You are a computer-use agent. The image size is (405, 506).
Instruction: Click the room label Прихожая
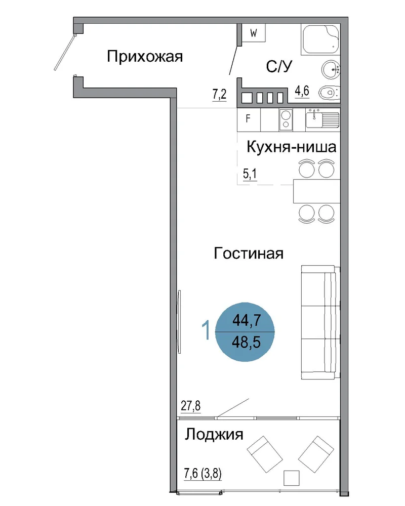point(145,57)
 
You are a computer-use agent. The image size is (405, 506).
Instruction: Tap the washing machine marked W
point(254,32)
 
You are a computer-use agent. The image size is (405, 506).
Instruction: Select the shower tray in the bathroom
point(320,39)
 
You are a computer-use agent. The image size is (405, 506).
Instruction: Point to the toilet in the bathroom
point(329,93)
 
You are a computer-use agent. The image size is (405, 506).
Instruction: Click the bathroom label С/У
point(279,66)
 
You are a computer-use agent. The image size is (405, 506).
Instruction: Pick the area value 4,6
point(302,91)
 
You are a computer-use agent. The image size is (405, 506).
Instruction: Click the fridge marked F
point(249,119)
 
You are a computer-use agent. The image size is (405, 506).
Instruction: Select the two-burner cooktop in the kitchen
point(286,120)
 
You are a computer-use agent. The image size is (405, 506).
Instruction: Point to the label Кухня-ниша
point(291,147)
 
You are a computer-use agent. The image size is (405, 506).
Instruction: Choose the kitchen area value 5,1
point(250,174)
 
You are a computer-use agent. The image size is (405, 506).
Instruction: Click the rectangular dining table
point(316,191)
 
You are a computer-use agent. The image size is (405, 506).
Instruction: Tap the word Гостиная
point(249,254)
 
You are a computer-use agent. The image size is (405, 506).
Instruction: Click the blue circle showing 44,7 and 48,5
point(245,332)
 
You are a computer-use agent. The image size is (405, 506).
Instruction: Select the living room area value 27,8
point(190,405)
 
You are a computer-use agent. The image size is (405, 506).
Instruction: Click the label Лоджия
point(214,435)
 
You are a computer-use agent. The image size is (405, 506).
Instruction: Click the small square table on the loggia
point(291,478)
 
